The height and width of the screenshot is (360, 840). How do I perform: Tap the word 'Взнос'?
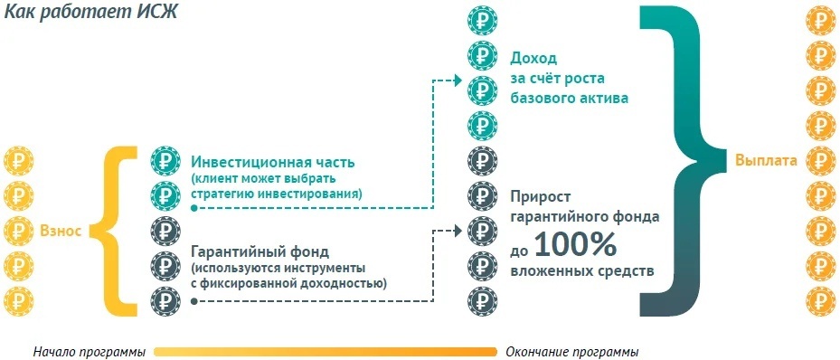(x=61, y=231)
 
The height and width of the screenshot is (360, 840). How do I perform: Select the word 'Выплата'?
(x=766, y=161)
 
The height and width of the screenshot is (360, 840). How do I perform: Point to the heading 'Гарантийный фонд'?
(x=260, y=251)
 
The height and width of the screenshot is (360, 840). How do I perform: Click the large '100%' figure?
(x=574, y=244)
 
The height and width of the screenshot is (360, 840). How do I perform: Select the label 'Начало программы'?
(x=89, y=351)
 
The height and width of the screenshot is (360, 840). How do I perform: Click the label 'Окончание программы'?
(x=572, y=351)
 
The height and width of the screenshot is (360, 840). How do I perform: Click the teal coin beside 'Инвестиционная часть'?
(x=166, y=161)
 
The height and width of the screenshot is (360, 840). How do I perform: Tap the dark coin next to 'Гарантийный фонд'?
(x=166, y=263)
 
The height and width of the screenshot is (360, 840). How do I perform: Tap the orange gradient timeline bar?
(x=326, y=351)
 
